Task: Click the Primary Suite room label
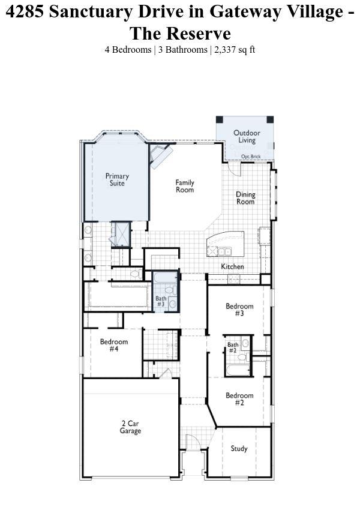click(x=117, y=179)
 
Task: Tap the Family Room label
click(x=185, y=186)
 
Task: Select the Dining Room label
click(x=245, y=198)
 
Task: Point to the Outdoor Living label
click(x=247, y=137)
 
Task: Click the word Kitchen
click(x=233, y=266)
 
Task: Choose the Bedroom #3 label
click(x=239, y=310)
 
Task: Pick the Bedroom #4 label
click(x=114, y=345)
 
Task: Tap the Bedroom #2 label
click(x=239, y=399)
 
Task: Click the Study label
click(x=239, y=449)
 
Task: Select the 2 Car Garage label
click(x=130, y=427)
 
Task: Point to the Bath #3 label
click(x=161, y=301)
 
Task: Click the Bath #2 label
click(x=233, y=347)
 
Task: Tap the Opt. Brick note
click(x=251, y=157)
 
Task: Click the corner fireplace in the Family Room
click(x=160, y=156)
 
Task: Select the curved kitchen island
click(x=225, y=244)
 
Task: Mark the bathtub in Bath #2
click(x=238, y=370)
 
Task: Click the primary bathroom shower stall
click(x=121, y=234)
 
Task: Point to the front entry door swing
click(x=193, y=442)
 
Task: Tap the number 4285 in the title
click(x=25, y=11)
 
